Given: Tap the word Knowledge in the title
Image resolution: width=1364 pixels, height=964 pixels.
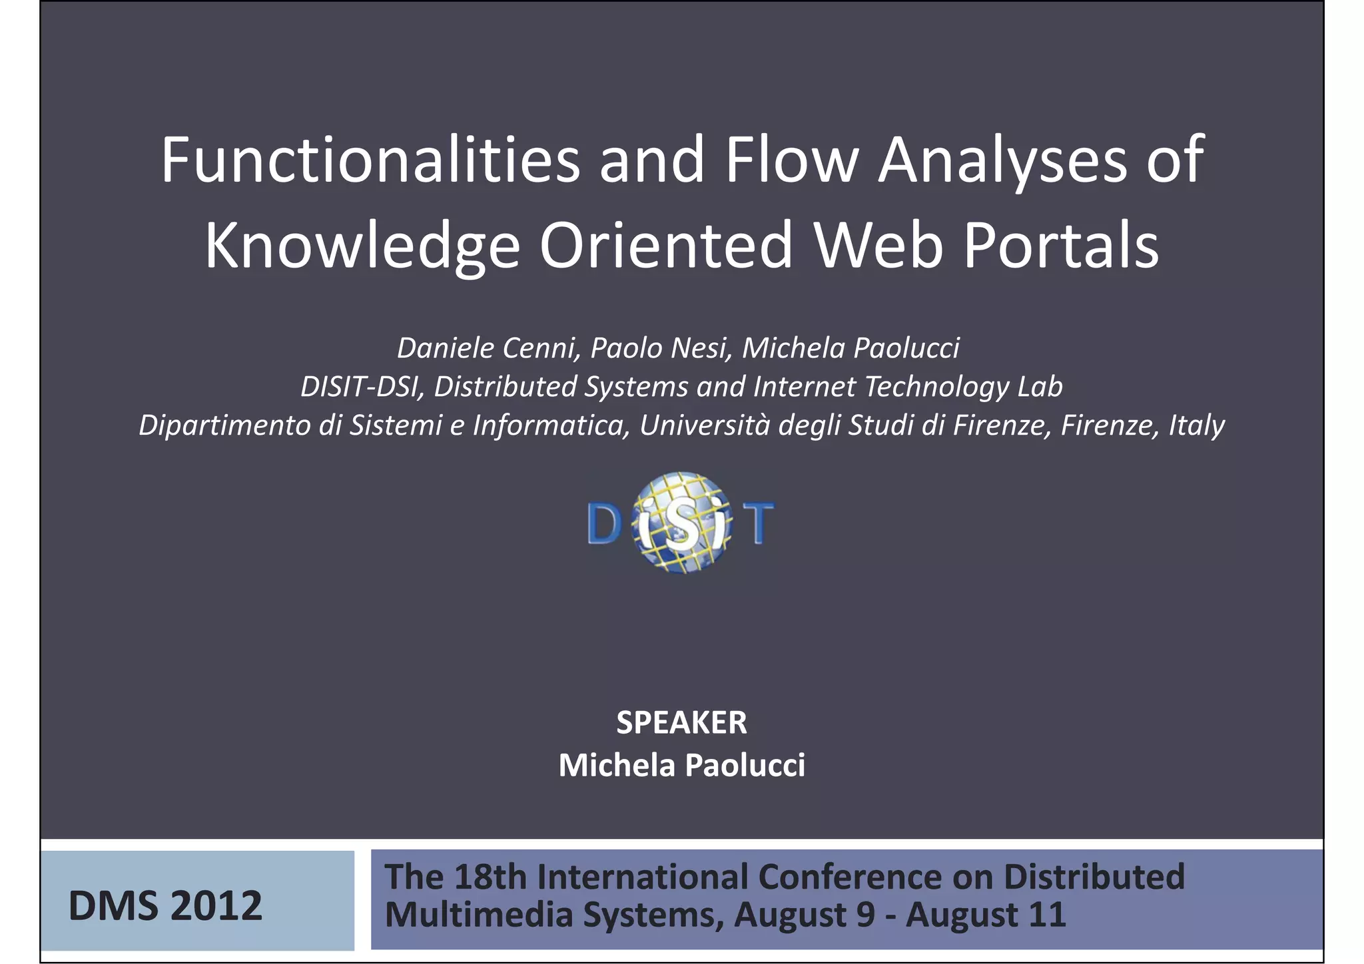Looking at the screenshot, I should pyautogui.click(x=362, y=246).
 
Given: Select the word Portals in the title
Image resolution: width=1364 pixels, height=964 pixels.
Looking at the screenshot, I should pyautogui.click(x=1060, y=246).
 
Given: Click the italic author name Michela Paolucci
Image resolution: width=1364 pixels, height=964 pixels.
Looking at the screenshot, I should pyautogui.click(x=851, y=348).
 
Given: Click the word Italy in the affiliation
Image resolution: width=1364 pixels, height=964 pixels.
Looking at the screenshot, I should pyautogui.click(x=1196, y=425).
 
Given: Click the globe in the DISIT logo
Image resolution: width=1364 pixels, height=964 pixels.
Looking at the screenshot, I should pyautogui.click(x=681, y=523).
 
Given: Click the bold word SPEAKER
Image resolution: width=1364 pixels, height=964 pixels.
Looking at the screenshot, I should pyautogui.click(x=681, y=723).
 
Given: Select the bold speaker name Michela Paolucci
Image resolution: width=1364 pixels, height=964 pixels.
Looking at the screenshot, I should pyautogui.click(x=681, y=766).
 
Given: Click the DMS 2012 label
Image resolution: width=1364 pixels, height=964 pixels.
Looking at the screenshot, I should pyautogui.click(x=165, y=906).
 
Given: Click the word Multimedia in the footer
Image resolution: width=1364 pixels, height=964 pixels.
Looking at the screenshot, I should pyautogui.click(x=479, y=915).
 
